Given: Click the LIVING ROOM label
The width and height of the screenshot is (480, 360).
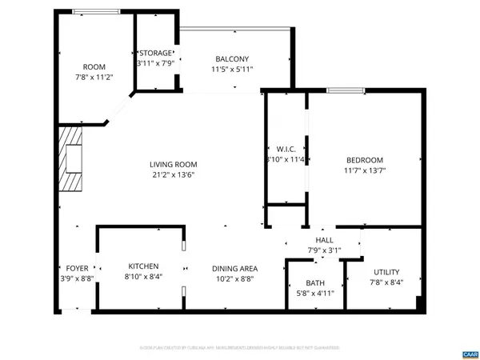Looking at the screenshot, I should (x=174, y=165).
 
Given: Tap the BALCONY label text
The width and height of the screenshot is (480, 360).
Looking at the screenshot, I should (x=232, y=59).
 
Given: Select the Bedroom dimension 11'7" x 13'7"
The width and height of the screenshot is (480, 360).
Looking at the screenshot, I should (x=364, y=170).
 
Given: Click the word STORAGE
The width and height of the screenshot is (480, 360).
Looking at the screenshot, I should (x=155, y=53).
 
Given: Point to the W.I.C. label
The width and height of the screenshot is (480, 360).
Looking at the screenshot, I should (x=286, y=150).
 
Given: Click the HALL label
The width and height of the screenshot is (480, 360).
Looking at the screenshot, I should (x=324, y=240).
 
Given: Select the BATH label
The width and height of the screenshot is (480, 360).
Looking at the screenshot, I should (x=315, y=283).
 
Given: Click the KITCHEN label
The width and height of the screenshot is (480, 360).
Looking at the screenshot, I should (x=143, y=266).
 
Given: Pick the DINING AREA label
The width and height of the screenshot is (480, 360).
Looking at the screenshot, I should (x=234, y=269).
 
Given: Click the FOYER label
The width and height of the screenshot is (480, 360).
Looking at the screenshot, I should (x=77, y=269).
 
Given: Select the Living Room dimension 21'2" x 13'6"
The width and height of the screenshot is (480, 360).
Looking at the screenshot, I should (x=174, y=175).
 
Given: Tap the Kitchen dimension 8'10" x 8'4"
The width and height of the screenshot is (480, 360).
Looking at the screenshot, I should (x=143, y=277).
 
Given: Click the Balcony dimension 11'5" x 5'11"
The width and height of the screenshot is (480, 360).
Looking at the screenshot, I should (x=232, y=70).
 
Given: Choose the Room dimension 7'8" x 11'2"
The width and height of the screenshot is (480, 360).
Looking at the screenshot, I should (x=94, y=78).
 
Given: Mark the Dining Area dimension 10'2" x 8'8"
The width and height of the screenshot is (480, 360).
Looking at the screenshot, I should (x=234, y=279).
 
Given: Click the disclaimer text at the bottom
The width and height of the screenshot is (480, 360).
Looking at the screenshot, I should (x=240, y=348).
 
